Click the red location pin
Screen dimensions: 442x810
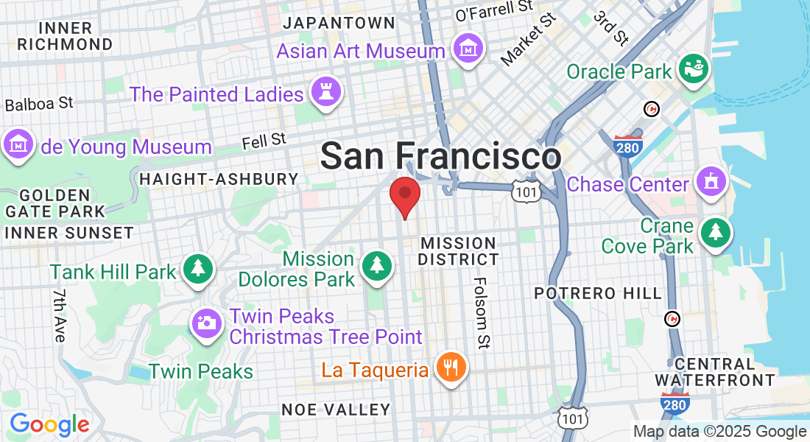point(404,196)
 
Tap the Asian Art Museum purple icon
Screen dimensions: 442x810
point(469,49)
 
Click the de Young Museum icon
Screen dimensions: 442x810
point(18,144)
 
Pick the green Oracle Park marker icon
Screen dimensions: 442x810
point(694,69)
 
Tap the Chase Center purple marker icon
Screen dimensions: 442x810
point(711,181)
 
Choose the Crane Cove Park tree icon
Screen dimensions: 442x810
point(715,232)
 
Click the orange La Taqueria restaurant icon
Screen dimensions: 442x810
point(451,367)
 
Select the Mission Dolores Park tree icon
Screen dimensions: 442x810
point(377,264)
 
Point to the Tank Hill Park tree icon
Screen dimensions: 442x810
point(197,268)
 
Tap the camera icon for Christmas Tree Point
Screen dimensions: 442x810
point(206,323)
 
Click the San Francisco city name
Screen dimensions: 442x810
point(440,156)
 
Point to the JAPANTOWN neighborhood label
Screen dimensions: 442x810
point(339,23)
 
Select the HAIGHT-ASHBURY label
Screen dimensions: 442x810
point(219,179)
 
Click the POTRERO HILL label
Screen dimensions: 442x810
point(598,293)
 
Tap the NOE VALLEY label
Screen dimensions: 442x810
point(336,410)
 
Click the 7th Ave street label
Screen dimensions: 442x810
point(60,315)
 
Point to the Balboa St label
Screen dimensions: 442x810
point(39,104)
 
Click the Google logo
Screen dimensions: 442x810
point(49,425)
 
